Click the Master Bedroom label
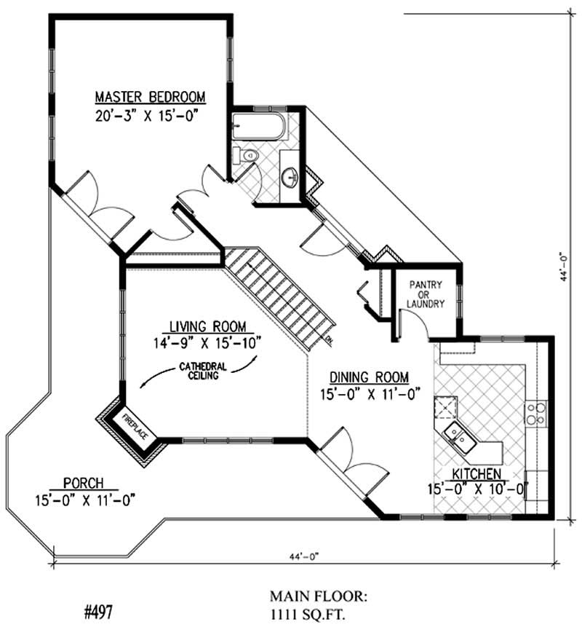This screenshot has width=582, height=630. click(150, 97)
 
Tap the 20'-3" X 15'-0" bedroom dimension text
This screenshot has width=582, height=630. click(147, 116)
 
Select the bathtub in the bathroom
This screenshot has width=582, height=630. click(258, 128)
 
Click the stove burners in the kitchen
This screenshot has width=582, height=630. click(537, 413)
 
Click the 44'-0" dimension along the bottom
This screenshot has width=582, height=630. click(303, 556)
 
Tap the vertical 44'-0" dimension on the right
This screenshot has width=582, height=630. click(562, 266)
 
